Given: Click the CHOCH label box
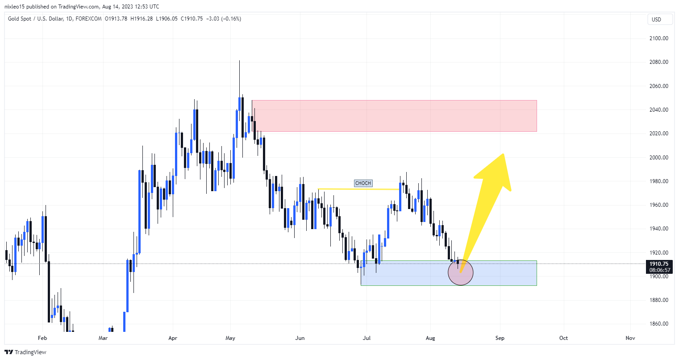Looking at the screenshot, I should (x=363, y=183).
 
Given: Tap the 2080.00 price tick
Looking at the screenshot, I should (x=658, y=62).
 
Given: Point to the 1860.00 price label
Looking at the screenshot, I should (x=658, y=324).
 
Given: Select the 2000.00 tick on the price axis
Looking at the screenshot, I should (x=658, y=157).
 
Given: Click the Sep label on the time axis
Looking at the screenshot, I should (x=500, y=338).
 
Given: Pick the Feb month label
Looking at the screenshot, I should (x=42, y=338).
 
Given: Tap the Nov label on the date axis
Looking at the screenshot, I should (x=630, y=338).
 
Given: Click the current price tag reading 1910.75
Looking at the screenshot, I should (x=659, y=264).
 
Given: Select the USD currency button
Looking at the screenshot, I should (x=656, y=19).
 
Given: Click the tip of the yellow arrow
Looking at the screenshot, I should (x=504, y=155).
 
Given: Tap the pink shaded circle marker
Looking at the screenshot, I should (x=460, y=272).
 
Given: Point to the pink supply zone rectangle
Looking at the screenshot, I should (x=394, y=116).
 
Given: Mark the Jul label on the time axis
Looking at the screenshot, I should (x=367, y=338).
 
